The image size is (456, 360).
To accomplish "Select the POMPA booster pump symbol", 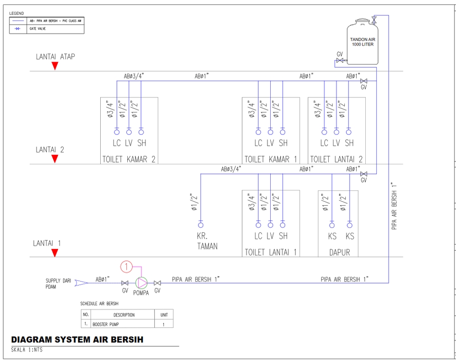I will (142, 283).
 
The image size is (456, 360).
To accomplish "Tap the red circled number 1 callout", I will (126, 267).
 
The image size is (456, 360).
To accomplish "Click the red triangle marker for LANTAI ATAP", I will (55, 66).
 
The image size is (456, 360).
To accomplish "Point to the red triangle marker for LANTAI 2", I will (55, 159).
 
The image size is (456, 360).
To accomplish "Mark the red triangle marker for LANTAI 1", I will (55, 253).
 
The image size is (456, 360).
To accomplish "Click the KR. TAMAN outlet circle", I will (200, 225).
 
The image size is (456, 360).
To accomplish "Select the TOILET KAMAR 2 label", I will (129, 159).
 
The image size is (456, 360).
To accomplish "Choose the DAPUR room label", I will (340, 252).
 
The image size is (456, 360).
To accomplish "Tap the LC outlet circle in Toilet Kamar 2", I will (117, 132).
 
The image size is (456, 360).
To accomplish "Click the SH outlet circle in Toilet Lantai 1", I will (283, 225).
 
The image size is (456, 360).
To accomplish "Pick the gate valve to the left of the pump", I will (125, 283).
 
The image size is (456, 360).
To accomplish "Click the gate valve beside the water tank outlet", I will (340, 61).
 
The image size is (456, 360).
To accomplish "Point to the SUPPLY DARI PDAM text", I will (58, 284).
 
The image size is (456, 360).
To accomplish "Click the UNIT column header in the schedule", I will (164, 314).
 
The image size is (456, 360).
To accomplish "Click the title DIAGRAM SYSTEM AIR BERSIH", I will (77, 340).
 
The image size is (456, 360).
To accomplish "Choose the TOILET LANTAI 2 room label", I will (337, 159).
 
